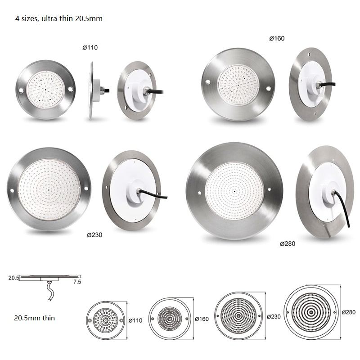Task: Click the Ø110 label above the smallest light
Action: (90, 48)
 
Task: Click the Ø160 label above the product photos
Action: (277, 38)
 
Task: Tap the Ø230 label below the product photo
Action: (94, 235)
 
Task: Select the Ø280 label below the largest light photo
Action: (288, 243)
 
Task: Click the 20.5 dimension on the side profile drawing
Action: (14, 278)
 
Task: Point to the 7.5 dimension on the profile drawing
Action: (77, 282)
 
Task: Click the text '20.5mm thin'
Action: (35, 318)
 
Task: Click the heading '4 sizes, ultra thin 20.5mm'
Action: (59, 18)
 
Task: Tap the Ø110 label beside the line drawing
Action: (135, 320)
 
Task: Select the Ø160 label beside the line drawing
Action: (202, 319)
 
